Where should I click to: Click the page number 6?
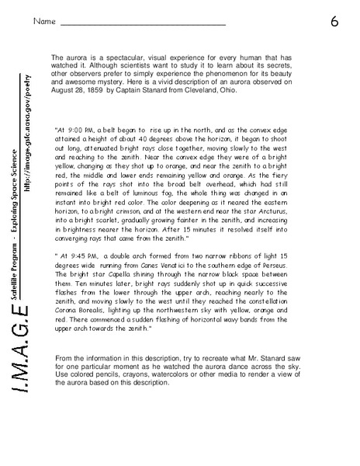(x=334, y=21)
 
